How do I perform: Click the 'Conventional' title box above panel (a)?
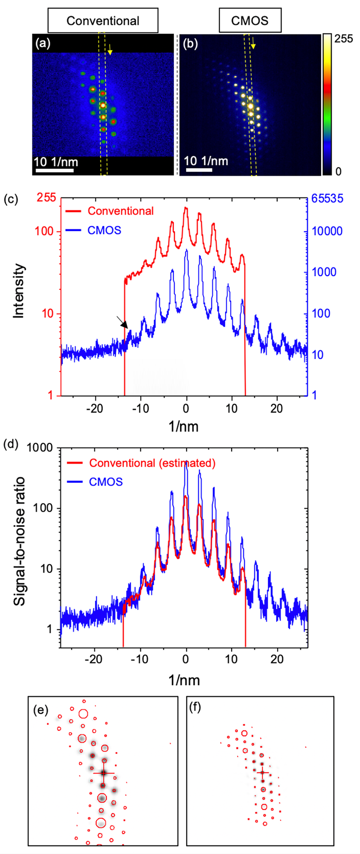[x=103, y=20]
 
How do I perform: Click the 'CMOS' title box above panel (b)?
[x=250, y=20]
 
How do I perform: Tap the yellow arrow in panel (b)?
[x=253, y=43]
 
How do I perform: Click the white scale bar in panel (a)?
[x=55, y=171]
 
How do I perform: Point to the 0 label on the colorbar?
[x=338, y=171]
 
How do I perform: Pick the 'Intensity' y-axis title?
[x=19, y=291]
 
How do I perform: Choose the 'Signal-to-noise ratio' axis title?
[x=19, y=541]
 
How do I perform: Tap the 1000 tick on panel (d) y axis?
[x=42, y=448]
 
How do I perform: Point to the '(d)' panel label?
[x=11, y=445]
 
